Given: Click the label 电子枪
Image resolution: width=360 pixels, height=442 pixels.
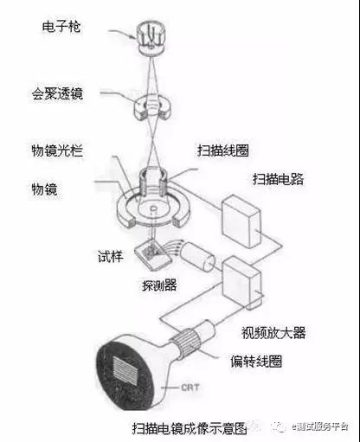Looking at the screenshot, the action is (x=61, y=27).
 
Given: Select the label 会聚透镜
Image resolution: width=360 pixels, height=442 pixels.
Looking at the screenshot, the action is (x=57, y=93).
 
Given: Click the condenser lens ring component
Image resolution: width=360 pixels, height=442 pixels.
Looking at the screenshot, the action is (x=152, y=107).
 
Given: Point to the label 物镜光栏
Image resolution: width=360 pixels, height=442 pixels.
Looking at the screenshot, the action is (x=57, y=151).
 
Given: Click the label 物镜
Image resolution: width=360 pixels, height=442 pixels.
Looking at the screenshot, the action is (x=44, y=189).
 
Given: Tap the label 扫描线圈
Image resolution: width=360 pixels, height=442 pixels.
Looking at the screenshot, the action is (x=223, y=151).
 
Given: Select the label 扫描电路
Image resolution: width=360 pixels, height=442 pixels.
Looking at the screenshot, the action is (x=278, y=179).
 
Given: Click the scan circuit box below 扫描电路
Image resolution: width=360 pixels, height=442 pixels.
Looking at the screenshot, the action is (x=241, y=221).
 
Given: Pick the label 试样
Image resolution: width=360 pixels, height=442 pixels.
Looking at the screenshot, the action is (x=110, y=256).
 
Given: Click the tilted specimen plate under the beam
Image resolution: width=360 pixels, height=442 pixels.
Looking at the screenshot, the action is (x=153, y=254).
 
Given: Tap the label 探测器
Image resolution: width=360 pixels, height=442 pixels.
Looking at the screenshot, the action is (x=159, y=285).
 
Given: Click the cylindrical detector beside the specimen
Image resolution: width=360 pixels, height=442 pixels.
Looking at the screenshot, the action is (x=197, y=257).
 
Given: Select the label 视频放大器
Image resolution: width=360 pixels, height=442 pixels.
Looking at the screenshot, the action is (x=273, y=332).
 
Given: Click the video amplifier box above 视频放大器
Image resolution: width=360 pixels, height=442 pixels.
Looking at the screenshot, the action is (x=242, y=283).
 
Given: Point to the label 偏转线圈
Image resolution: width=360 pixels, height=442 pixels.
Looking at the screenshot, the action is (x=256, y=361).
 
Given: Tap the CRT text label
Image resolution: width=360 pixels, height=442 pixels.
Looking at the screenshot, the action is (x=190, y=388).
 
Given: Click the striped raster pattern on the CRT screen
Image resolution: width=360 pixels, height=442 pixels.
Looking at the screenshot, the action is (x=125, y=370).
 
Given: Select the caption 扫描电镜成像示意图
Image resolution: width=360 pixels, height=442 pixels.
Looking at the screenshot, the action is (x=190, y=428).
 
